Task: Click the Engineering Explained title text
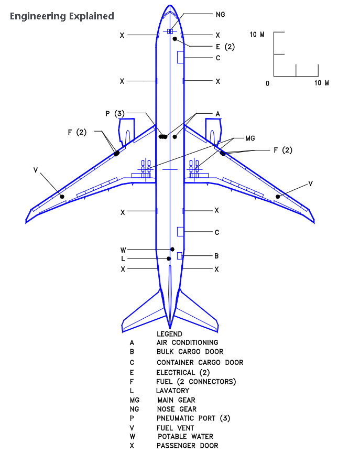point(62,16)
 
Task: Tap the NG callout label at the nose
point(220,14)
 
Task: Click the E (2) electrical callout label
point(225,47)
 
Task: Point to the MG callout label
point(250,138)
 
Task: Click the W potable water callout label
point(123,250)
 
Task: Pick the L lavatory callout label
point(123,259)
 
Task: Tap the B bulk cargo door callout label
point(216,256)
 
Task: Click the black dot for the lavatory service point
point(169,258)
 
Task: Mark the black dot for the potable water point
point(172,249)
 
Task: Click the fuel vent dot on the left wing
point(62,197)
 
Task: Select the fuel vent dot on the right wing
point(278,197)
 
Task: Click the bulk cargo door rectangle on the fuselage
point(179,256)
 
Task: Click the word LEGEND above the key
point(169,334)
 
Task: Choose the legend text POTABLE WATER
point(186,437)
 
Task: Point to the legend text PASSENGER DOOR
point(187,446)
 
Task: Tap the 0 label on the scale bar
point(267,83)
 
